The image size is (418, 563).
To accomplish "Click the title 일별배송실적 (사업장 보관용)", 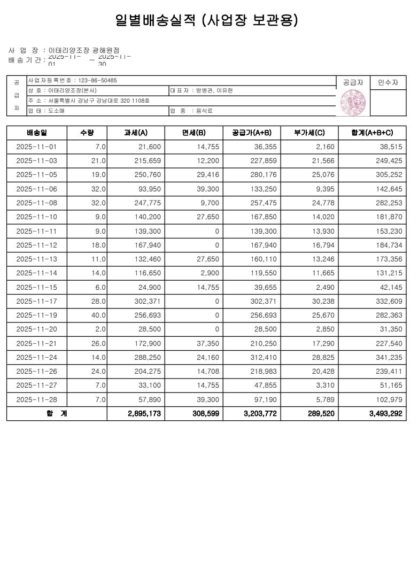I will pos(207,21).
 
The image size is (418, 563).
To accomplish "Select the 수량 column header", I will pos(87,132).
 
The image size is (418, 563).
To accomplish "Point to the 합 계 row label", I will pos(56,414).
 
